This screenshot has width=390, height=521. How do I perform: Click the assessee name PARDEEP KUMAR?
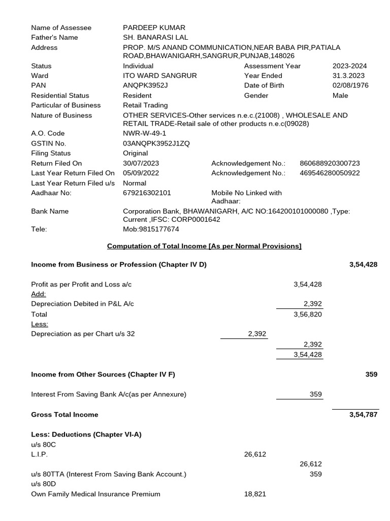154,27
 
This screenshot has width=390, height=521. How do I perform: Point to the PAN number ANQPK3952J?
145,85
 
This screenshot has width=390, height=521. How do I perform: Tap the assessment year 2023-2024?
349,66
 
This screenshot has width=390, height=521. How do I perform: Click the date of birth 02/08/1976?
350,85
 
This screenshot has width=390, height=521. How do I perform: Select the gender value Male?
340,96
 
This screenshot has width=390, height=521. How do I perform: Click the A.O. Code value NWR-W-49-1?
145,134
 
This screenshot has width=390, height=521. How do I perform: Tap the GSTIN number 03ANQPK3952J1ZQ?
156,143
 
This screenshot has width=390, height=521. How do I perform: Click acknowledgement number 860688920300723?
330,163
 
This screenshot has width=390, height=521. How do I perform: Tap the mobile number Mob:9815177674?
151,229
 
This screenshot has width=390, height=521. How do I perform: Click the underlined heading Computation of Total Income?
204,246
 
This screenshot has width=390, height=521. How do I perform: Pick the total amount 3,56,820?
307,314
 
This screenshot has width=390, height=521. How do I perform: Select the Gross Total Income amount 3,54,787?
363,415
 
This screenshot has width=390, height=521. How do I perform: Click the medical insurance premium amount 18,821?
255,494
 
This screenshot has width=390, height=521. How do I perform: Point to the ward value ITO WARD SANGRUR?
159,76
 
